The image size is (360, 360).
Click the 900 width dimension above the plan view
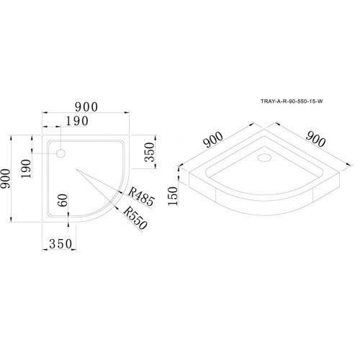pos(86,107)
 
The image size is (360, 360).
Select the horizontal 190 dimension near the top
pos(77,121)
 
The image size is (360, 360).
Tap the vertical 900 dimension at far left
pos(6,179)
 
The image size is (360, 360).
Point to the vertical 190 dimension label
pos(26,168)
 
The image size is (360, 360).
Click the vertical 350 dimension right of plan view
pos(149,152)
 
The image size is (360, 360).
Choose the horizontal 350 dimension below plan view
pos(60,244)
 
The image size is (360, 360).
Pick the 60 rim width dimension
pos(63,200)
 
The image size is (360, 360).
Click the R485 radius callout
pos(141,197)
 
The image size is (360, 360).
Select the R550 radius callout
pos(135,218)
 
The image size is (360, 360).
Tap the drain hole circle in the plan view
pos(61,153)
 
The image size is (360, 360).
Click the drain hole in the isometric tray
pos(264,158)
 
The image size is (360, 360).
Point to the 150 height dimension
pos(173,196)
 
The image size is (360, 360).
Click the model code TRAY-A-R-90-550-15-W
pos(292,102)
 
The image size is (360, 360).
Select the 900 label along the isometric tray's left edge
pos(213,140)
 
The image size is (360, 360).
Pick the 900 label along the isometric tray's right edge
pos(315,140)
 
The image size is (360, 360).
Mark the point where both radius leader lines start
pos(76,169)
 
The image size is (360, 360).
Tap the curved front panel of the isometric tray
pos(264,203)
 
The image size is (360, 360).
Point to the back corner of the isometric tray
pos(264,130)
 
